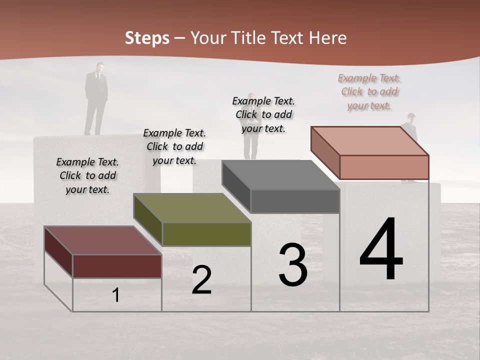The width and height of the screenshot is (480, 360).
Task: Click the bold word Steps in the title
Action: click(147, 38)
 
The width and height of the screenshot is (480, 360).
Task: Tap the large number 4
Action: click(381, 250)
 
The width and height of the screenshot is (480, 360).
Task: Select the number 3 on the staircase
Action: click(293, 265)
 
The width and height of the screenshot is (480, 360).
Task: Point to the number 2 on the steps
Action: click(201, 280)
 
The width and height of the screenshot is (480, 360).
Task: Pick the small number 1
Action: click(115, 295)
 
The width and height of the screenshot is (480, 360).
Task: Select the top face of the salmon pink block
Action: click(370, 141)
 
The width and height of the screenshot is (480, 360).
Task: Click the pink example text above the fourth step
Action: click(369, 92)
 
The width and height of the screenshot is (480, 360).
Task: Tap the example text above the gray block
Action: click(263, 114)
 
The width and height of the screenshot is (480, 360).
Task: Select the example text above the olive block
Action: click(174, 146)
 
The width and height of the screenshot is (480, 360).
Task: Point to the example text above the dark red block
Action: click(87, 175)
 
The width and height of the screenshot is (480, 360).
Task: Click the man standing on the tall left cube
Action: click(96, 97)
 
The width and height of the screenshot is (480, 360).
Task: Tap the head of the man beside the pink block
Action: click(411, 117)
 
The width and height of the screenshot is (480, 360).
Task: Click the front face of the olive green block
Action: click(206, 234)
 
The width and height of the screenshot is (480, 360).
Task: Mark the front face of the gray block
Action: click(295, 201)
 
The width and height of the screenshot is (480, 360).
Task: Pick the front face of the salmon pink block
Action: click(384, 167)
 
